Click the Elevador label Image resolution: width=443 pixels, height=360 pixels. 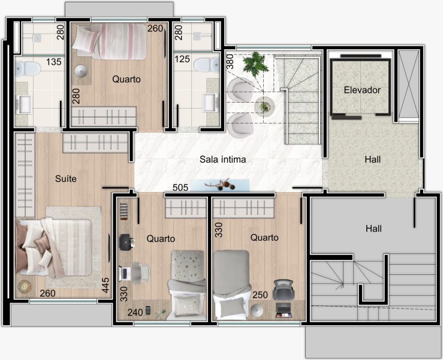[x=362, y=90]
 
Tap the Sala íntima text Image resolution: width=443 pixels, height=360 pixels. [x=222, y=160]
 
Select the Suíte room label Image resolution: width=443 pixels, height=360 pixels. [x=66, y=179]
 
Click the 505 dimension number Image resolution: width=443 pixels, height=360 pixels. [x=180, y=187]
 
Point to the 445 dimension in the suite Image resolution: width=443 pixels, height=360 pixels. [x=106, y=285]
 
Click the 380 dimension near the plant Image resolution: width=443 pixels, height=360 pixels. [x=230, y=62]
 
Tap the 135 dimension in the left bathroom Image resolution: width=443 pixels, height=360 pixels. [x=54, y=62]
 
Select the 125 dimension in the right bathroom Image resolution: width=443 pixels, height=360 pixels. [x=182, y=59]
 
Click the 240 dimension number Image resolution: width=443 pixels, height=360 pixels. [x=135, y=313]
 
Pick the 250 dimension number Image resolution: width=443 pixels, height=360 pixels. [x=260, y=295]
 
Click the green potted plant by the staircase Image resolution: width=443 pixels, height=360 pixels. [x=256, y=65]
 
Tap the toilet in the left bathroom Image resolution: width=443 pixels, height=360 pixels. [x=27, y=69]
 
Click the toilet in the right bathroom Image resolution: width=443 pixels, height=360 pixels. [x=207, y=65]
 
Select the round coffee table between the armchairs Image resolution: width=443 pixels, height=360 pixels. [x=264, y=107]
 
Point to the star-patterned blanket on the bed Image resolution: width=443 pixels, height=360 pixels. [x=187, y=266]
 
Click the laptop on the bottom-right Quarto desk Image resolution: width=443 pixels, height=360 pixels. [x=283, y=310]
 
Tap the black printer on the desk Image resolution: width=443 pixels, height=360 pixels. [x=126, y=242]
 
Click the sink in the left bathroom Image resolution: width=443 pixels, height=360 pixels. [x=25, y=104]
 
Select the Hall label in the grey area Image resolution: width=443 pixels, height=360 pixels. [x=373, y=229]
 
